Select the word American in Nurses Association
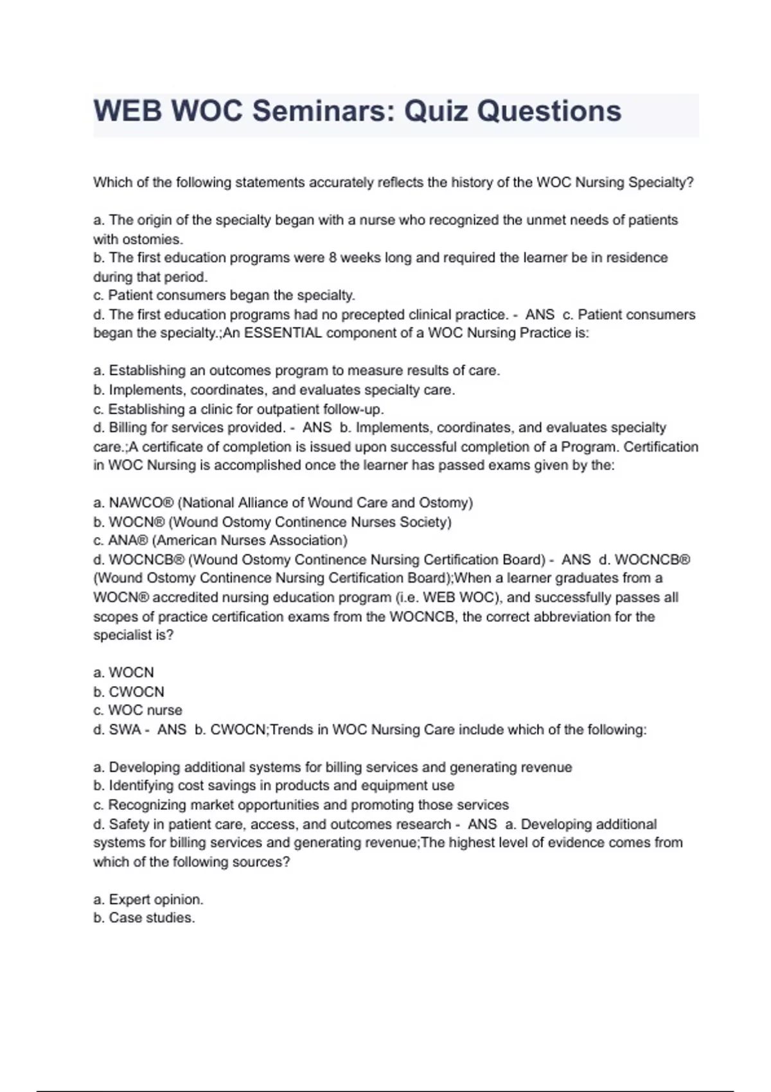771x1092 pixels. [186, 541]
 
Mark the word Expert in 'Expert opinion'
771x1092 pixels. [130, 899]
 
